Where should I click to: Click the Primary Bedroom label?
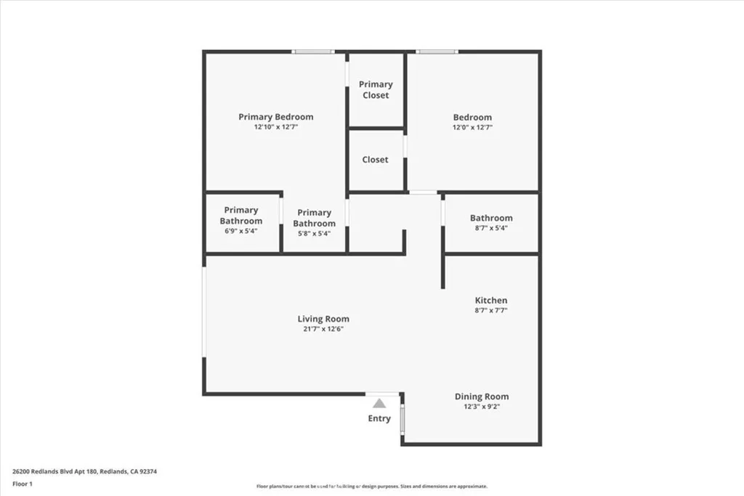(276, 117)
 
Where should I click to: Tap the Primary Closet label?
(376, 90)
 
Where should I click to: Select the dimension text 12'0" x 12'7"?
(472, 127)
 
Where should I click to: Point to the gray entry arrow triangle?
(379, 403)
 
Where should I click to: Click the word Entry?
(379, 418)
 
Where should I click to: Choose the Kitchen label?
(491, 300)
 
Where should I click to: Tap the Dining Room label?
(482, 397)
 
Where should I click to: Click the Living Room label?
(323, 319)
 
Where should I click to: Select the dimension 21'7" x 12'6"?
(323, 329)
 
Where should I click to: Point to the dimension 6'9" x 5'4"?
(240, 230)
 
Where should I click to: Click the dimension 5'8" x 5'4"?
(314, 233)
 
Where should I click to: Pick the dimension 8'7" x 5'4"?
(491, 227)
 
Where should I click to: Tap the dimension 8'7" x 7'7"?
(491, 310)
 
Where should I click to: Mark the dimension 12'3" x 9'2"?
(482, 407)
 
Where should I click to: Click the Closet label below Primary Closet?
(376, 160)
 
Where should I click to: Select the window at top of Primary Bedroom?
(313, 52)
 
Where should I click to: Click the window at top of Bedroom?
(437, 52)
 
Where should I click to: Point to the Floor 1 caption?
(23, 484)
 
